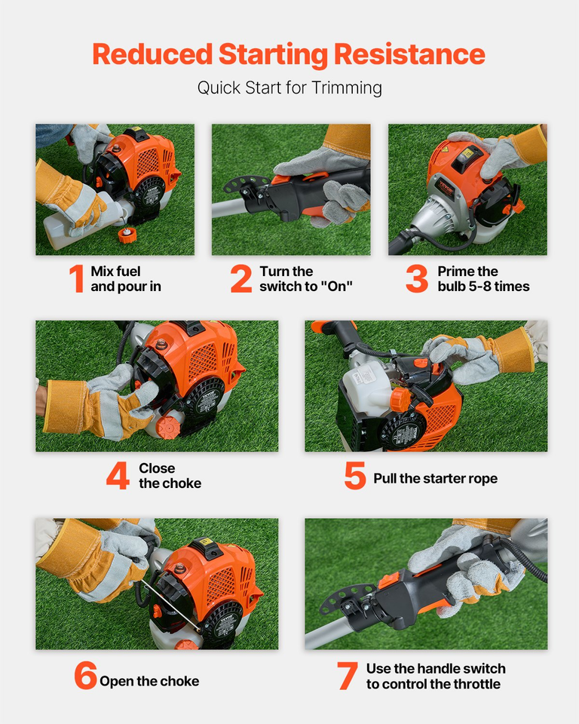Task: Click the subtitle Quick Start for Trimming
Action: (289, 87)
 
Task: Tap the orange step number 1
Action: (76, 279)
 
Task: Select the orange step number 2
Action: (241, 279)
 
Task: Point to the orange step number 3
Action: (416, 279)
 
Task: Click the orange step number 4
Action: (118, 476)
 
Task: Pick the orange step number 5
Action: (355, 476)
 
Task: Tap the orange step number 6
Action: (85, 676)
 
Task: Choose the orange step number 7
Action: (347, 676)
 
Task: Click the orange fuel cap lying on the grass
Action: (127, 235)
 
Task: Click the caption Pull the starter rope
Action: (435, 479)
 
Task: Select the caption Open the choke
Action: (149, 681)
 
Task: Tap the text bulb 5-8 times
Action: (483, 287)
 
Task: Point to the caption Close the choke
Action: (170, 476)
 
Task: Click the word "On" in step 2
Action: (337, 287)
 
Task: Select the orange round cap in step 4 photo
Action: (169, 428)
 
